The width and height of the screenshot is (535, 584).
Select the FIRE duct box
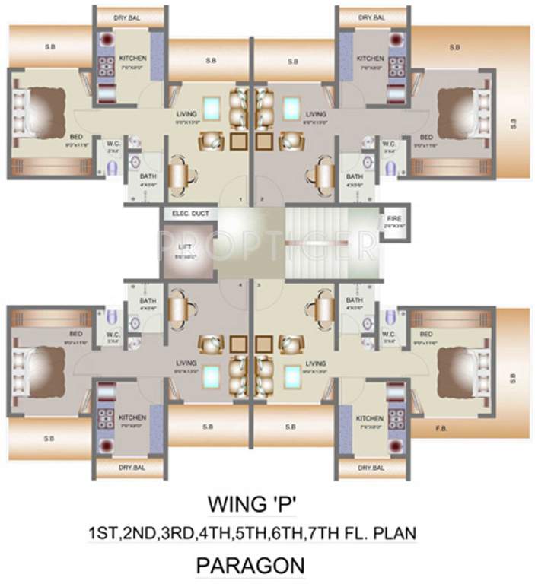click(x=393, y=221)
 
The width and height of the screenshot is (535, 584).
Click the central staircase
click(x=332, y=241)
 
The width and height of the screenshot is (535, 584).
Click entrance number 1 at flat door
click(x=241, y=201)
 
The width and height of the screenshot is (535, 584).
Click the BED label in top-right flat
click(x=427, y=138)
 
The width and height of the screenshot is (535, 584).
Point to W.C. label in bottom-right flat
click(x=388, y=333)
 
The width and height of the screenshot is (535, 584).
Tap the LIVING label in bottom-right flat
click(x=315, y=363)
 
